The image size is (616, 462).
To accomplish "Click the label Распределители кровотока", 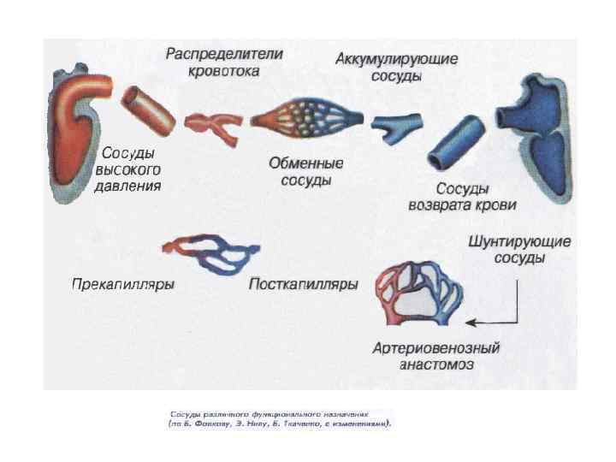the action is click(224, 62).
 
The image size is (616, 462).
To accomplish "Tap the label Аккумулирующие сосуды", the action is click(396, 67).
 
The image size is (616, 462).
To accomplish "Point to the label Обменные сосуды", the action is click(305, 171).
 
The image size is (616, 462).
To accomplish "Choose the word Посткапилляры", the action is click(303, 284).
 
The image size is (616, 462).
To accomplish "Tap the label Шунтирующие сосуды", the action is click(519, 249).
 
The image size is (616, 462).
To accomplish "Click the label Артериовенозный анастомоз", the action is click(435, 356).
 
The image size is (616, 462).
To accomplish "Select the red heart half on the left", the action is click(75, 137).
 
